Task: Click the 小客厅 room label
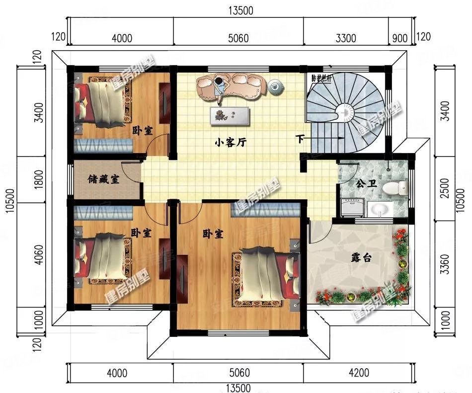230,143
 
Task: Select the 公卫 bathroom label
366,183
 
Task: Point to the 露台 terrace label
362,257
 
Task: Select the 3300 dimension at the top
346,38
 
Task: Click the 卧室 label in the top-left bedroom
142,130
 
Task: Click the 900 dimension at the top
399,38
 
